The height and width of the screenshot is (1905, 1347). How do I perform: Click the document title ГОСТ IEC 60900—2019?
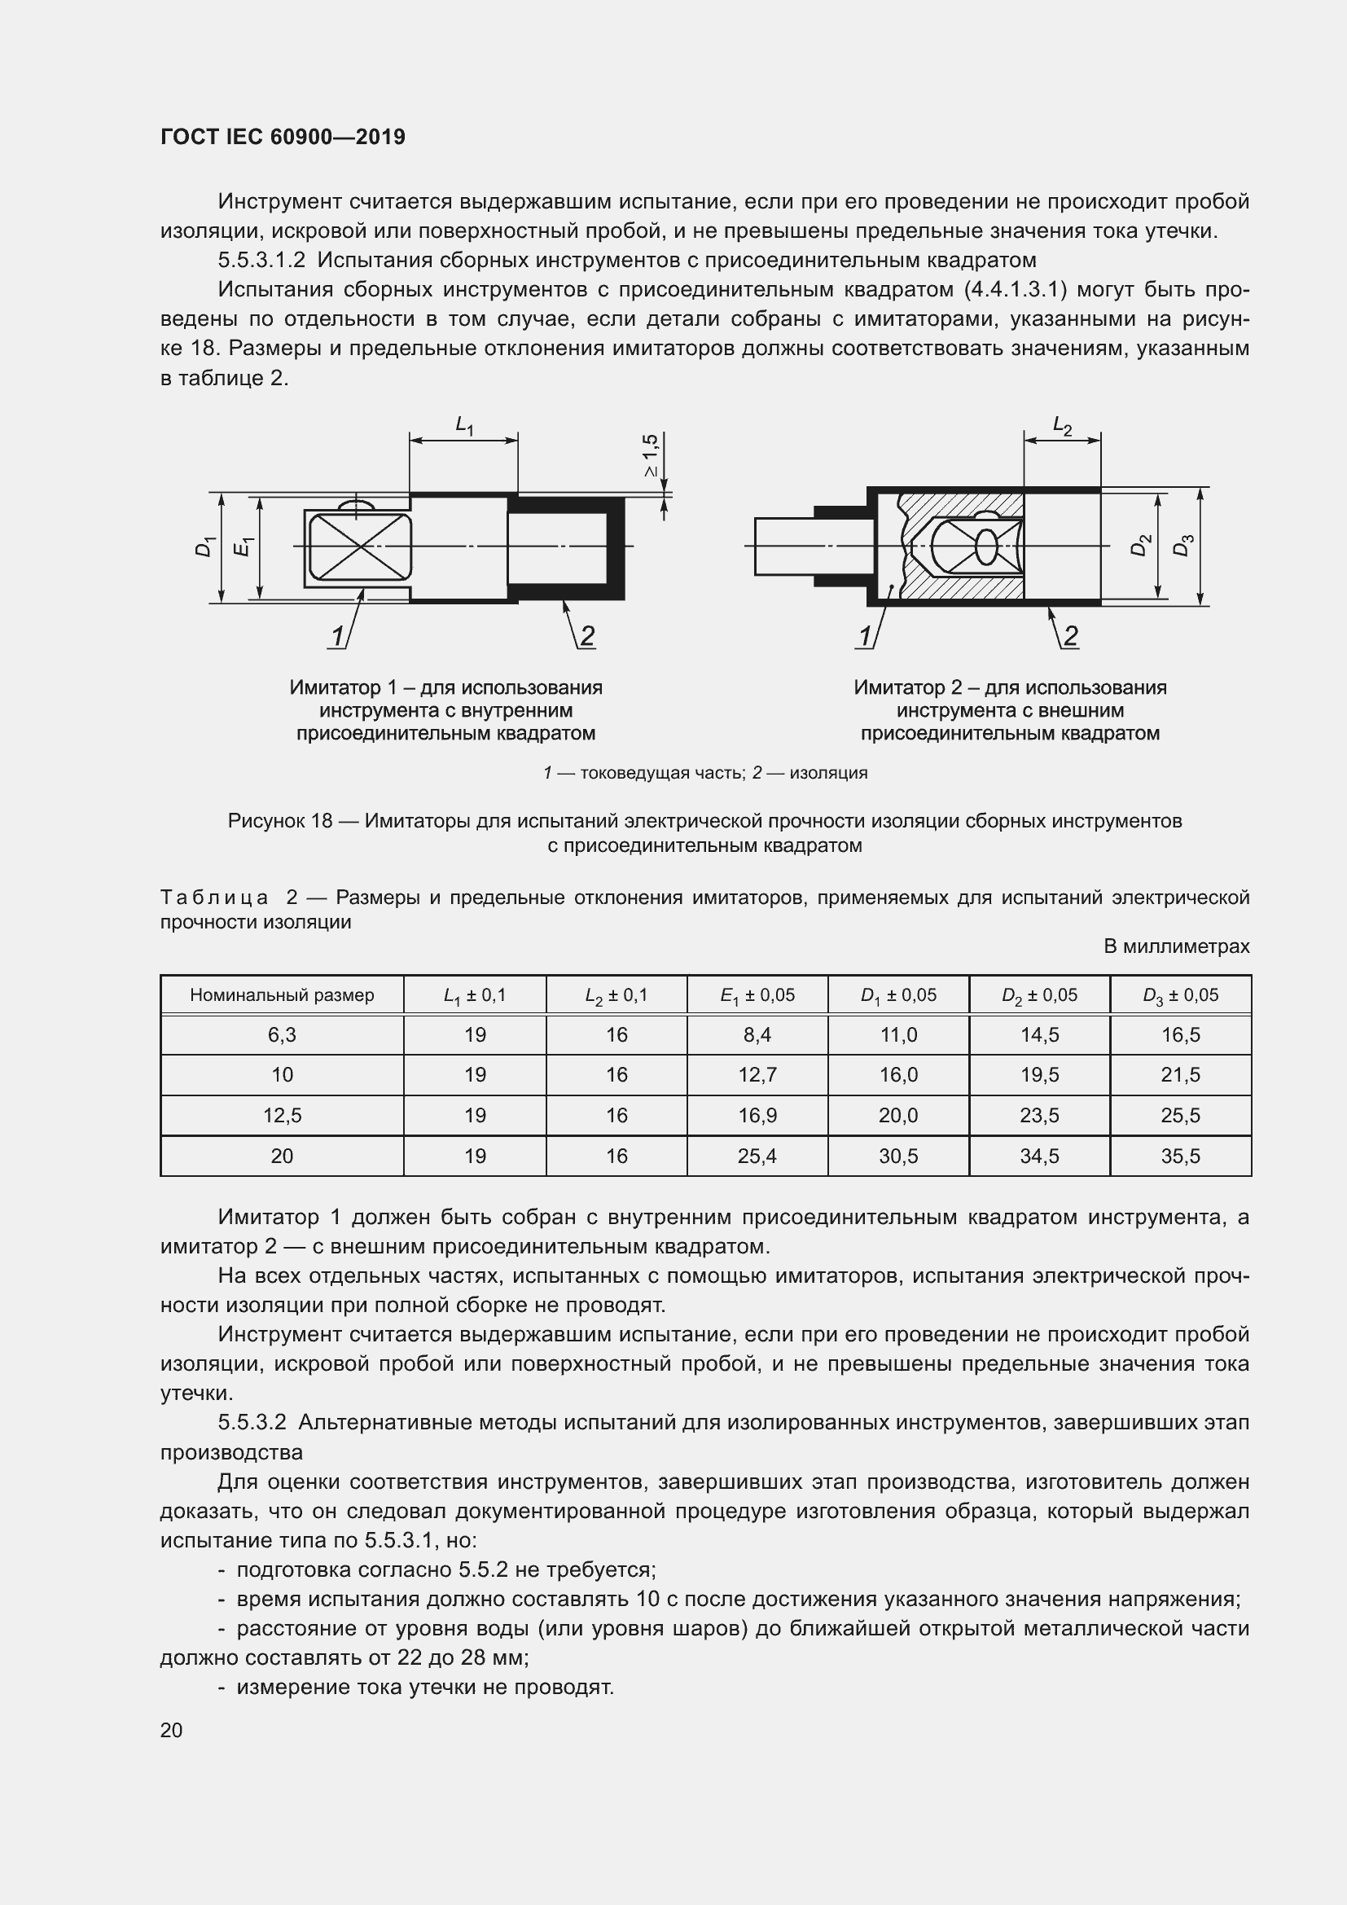click(283, 137)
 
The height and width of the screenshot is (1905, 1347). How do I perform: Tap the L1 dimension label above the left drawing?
click(464, 425)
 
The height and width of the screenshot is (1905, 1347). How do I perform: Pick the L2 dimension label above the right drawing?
click(1062, 427)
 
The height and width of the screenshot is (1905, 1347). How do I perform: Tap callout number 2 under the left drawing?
click(586, 636)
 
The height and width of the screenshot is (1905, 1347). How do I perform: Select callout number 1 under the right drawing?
click(865, 636)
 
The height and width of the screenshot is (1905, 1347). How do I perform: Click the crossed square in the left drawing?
click(359, 546)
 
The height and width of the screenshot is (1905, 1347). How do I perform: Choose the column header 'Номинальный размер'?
click(282, 994)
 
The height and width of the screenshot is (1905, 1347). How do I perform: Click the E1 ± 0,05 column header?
click(757, 994)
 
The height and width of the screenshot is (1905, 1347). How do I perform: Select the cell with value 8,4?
click(757, 1035)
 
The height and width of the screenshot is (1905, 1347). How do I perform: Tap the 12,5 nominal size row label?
click(282, 1116)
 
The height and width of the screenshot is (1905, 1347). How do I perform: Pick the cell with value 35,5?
click(1180, 1156)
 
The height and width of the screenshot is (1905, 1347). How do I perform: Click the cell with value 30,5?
click(898, 1156)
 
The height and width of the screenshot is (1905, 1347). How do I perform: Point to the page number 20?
click(172, 1730)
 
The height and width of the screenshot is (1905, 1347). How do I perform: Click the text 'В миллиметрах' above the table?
click(1176, 946)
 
